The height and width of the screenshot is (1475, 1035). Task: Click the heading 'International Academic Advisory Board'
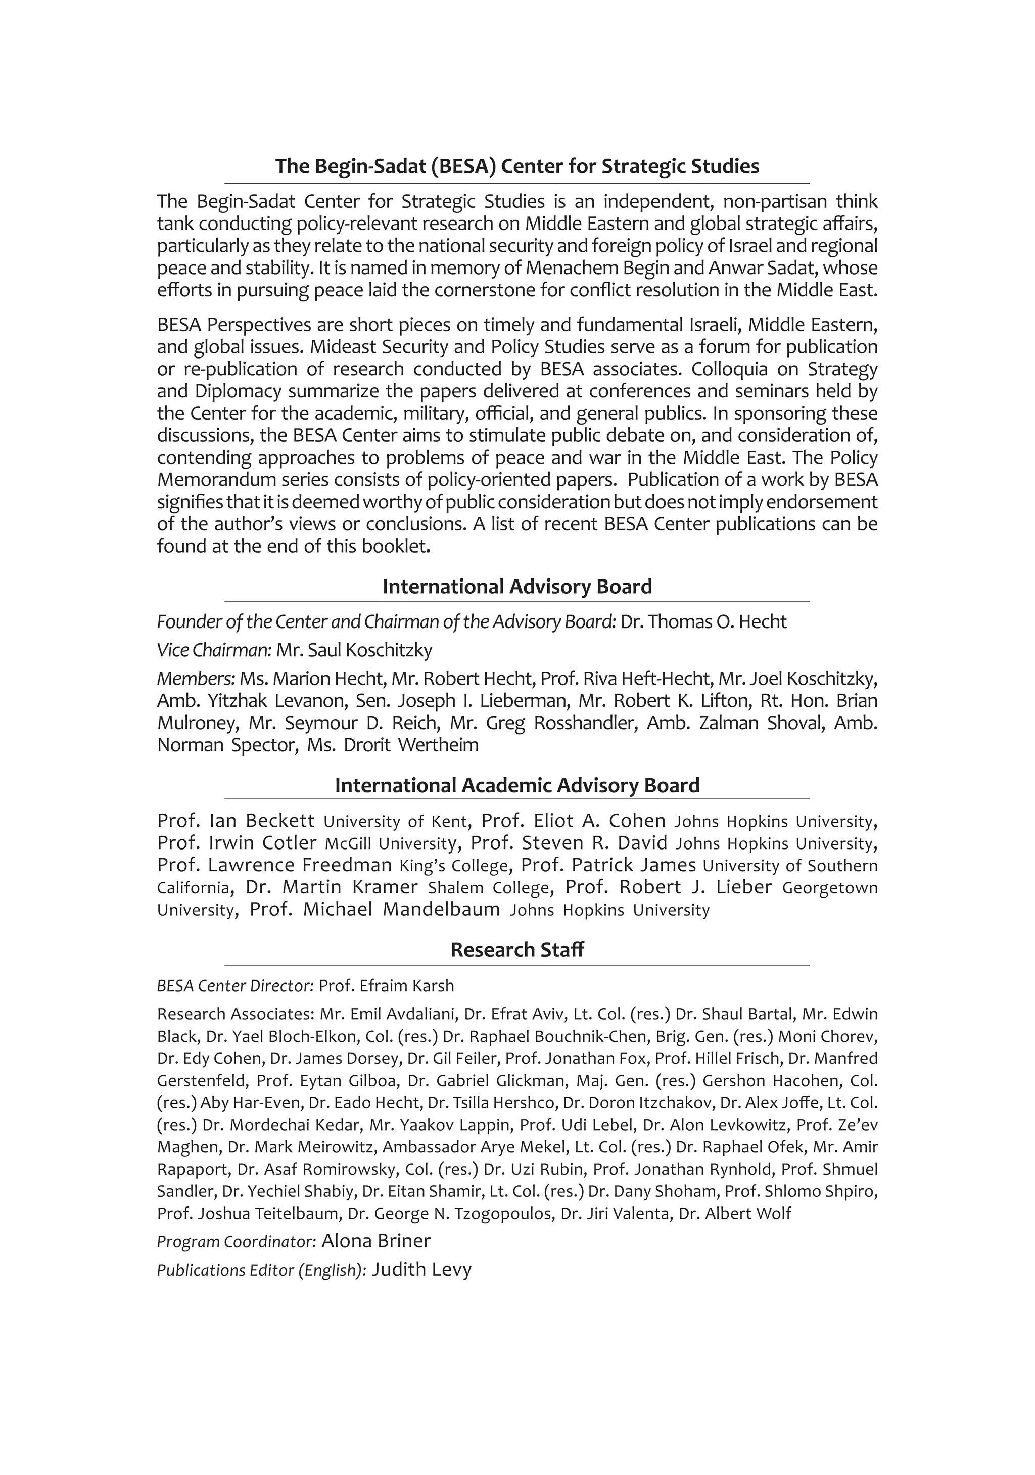pos(517,785)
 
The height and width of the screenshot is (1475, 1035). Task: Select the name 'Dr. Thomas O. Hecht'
pos(703,622)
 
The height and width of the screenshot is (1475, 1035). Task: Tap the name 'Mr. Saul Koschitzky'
pos(354,650)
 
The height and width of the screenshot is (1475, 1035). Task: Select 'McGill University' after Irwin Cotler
pos(390,843)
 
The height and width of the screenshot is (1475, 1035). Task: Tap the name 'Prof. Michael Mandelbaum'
pos(374,910)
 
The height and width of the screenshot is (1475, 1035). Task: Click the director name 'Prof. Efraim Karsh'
pos(386,986)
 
